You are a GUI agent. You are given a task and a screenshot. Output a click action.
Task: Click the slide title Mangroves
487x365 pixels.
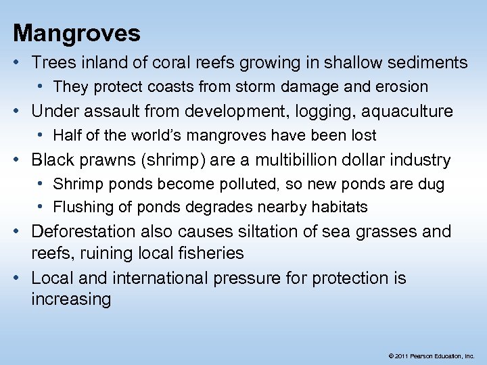(x=77, y=33)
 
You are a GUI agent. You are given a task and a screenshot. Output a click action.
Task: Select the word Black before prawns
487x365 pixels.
(x=54, y=160)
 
